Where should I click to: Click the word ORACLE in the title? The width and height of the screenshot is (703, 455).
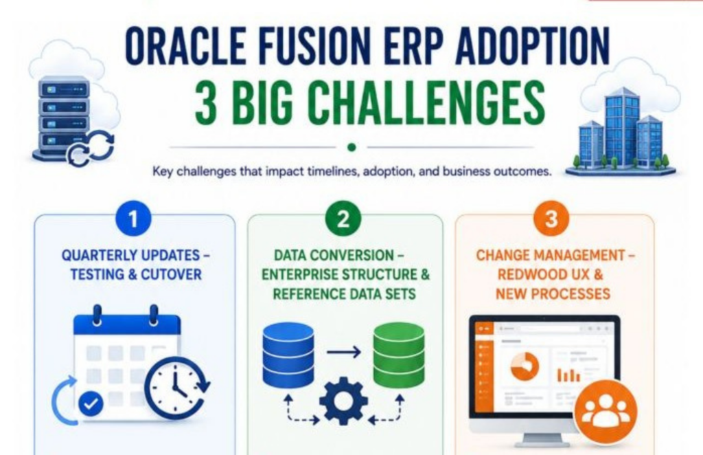(185, 46)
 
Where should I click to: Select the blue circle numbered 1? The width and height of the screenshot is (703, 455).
(132, 219)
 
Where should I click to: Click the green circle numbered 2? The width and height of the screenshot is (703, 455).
(343, 219)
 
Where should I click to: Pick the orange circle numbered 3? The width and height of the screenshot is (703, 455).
(551, 219)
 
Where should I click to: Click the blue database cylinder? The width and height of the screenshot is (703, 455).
(288, 355)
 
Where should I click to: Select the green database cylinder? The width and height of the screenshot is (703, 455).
(399, 355)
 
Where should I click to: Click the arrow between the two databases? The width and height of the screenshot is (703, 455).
(343, 352)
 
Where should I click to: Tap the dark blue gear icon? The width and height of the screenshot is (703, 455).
(344, 401)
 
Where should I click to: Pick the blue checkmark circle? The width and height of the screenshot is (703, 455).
(91, 404)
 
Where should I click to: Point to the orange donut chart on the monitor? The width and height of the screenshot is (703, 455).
(525, 366)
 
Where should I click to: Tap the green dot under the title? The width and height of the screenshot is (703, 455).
(352, 147)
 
